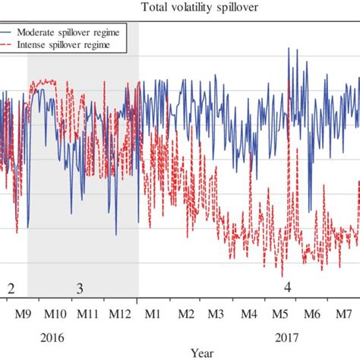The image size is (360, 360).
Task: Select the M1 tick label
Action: pyautogui.click(x=153, y=315)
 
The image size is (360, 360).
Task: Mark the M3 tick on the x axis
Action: pyautogui.click(x=216, y=315)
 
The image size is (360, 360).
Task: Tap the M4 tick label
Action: pyautogui.click(x=248, y=315)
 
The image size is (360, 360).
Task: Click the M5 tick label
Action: pyautogui.click(x=280, y=315)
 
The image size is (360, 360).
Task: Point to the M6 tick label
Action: pyautogui.click(x=311, y=315)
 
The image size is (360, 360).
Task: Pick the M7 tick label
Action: pyautogui.click(x=343, y=315)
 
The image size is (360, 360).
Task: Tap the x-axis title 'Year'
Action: pyautogui.click(x=201, y=352)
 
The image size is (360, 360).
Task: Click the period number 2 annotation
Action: pyautogui.click(x=11, y=288)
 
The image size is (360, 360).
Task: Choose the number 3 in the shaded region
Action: pyautogui.click(x=80, y=289)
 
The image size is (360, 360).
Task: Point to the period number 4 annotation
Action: pyautogui.click(x=287, y=288)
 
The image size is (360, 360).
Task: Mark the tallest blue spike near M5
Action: pyautogui.click(x=289, y=49)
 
